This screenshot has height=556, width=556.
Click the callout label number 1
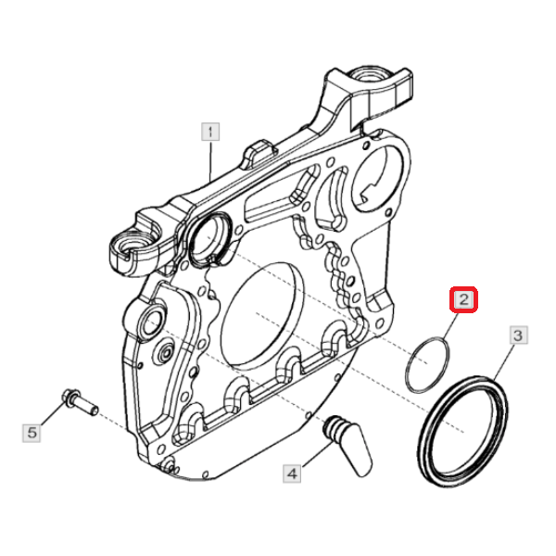[x=210, y=132]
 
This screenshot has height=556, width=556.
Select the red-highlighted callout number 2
[x=463, y=300]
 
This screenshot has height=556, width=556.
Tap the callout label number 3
[x=518, y=335]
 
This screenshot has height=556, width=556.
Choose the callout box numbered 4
[x=292, y=474]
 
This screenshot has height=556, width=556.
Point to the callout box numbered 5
[x=32, y=433]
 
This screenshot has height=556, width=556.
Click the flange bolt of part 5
[x=80, y=402]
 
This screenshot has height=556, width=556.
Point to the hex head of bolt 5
[x=70, y=398]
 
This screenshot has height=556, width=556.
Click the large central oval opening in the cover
[x=261, y=315]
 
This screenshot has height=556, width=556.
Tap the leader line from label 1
[x=210, y=161]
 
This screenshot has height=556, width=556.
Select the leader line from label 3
[x=504, y=362]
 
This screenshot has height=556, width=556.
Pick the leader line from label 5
[x=53, y=413]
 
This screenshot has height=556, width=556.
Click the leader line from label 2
[x=450, y=326]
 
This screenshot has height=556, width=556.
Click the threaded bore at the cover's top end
[x=369, y=75]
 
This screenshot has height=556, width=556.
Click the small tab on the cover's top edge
[x=259, y=153]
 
